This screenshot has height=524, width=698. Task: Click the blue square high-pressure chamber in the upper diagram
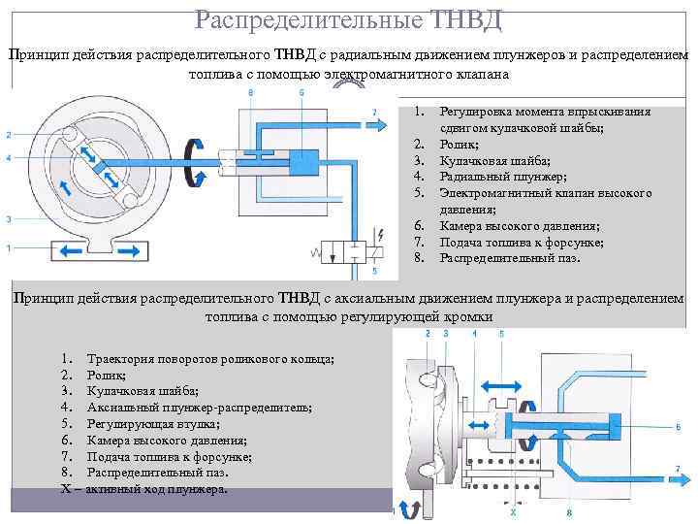(302, 166)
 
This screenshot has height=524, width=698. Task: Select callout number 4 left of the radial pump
(8, 157)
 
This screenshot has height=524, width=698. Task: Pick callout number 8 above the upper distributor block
(251, 92)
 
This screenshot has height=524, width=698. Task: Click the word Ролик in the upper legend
(460, 144)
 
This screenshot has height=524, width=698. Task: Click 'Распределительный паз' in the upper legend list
(509, 258)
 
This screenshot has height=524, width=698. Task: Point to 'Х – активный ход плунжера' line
(144, 489)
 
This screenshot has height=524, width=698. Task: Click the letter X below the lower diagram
(513, 508)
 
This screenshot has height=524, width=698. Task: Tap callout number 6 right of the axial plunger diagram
(678, 426)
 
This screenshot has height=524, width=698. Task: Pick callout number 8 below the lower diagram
(569, 510)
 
